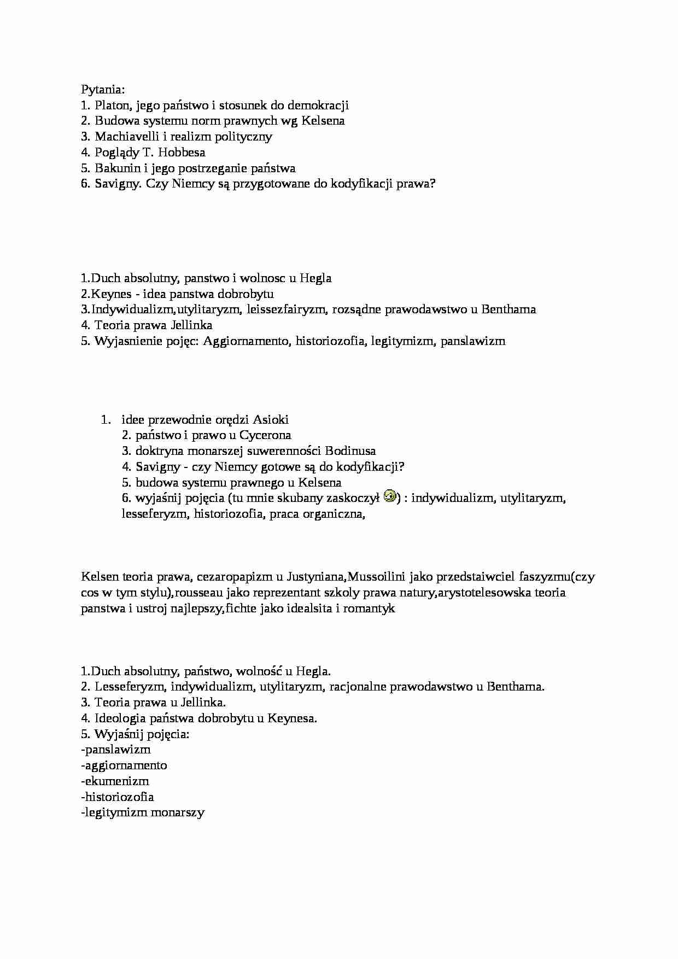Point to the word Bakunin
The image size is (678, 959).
pyautogui.click(x=114, y=168)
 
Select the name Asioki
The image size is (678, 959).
pyautogui.click(x=270, y=420)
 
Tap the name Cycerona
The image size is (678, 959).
pyautogui.click(x=265, y=435)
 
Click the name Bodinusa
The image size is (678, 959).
pyautogui.click(x=350, y=451)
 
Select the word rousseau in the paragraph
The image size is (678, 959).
pyautogui.click(x=199, y=593)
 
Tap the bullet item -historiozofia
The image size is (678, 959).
pyautogui.click(x=117, y=797)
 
